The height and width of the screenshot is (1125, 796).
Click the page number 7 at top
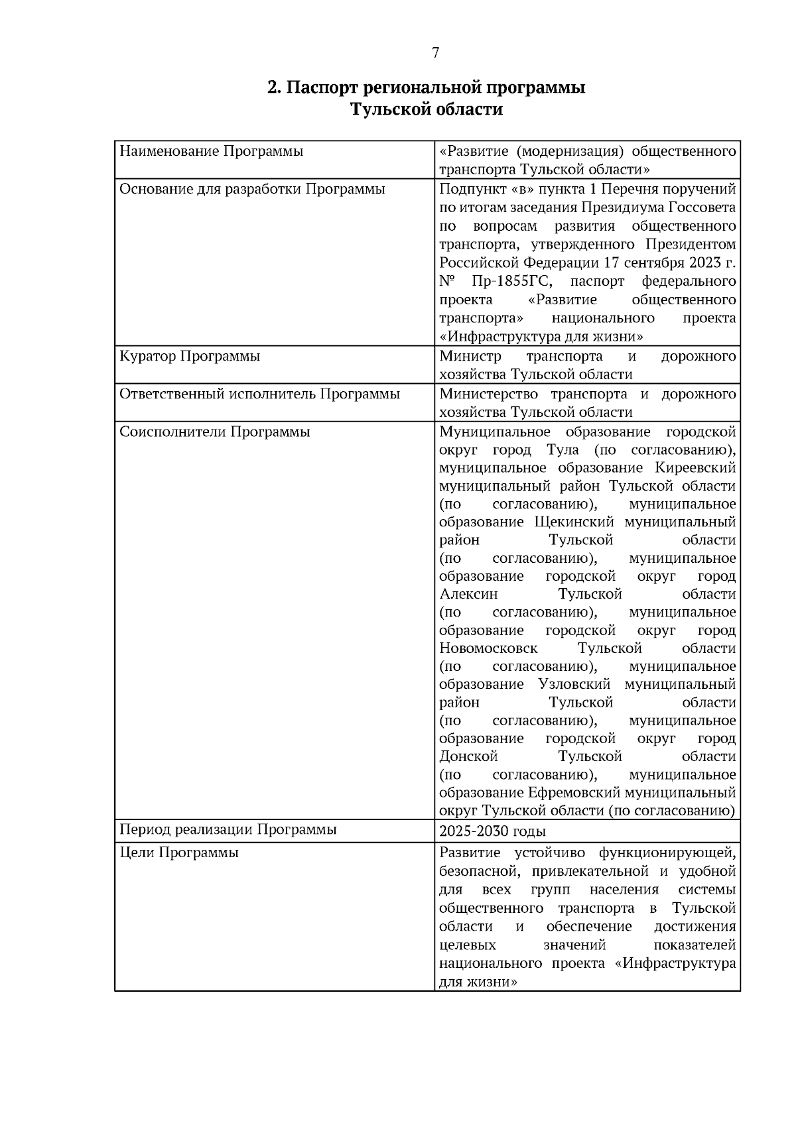[435, 54]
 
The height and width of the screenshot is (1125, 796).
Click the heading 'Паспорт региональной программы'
[426, 88]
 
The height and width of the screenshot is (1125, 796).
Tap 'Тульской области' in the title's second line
[426, 109]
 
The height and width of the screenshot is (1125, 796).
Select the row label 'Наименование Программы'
[211, 151]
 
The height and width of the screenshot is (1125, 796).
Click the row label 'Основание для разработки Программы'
[252, 190]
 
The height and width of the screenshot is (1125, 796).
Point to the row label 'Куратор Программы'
[190, 357]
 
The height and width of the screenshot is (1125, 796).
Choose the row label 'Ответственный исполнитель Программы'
[259, 394]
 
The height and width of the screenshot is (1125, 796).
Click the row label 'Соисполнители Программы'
[215, 432]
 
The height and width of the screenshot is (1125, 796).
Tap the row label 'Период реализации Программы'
[228, 830]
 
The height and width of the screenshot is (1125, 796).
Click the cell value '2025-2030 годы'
[492, 831]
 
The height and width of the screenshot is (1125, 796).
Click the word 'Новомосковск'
[488, 648]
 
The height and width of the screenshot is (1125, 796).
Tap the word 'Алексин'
[468, 594]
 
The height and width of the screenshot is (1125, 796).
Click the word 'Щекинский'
[574, 522]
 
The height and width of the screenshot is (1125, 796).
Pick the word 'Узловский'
[574, 684]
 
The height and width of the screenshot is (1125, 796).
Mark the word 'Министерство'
[491, 394]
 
